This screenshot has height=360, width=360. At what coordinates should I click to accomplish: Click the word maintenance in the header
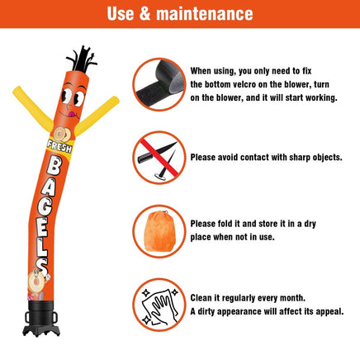[x=205, y=14]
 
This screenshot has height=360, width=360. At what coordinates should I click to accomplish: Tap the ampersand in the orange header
[x=144, y=14]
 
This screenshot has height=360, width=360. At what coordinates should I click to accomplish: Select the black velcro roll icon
[x=159, y=84]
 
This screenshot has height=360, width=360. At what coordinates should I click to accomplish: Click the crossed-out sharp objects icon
[x=159, y=158]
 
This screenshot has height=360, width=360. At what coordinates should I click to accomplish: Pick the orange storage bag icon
[x=159, y=231]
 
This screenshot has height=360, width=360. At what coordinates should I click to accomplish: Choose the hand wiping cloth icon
[x=159, y=305]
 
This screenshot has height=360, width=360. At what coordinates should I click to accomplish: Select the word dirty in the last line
[x=206, y=311]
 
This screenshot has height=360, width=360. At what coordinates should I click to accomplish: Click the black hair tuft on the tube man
[x=82, y=59]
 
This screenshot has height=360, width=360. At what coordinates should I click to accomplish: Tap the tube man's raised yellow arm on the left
[x=33, y=108]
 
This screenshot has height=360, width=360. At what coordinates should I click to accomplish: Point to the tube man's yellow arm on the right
[x=97, y=116]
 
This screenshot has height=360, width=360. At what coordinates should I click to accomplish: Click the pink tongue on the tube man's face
[x=73, y=114]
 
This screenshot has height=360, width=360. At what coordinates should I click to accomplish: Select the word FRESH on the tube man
[x=59, y=146]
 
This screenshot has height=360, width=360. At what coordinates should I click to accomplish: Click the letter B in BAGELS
[x=54, y=167]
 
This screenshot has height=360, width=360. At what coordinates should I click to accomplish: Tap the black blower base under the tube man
[x=41, y=318]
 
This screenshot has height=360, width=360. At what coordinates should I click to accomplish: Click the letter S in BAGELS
[x=43, y=265]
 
